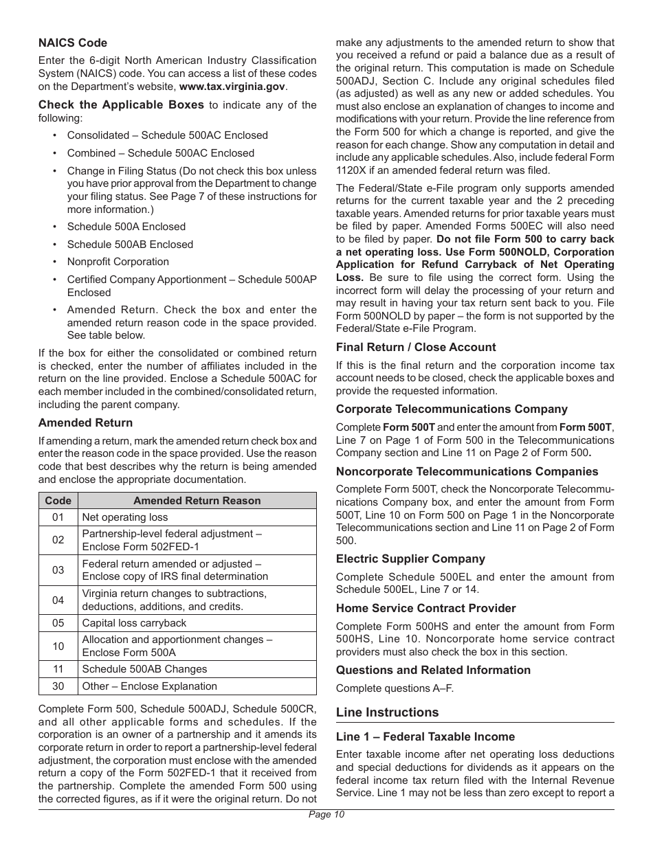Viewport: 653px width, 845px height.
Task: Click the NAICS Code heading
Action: click(73, 43)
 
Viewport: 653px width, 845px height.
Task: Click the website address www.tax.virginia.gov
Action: click(232, 87)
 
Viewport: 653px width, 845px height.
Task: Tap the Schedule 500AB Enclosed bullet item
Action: click(130, 244)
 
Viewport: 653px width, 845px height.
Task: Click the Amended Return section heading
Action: click(85, 422)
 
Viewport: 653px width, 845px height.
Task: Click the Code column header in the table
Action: click(58, 501)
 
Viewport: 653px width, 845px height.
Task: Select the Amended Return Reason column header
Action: click(197, 501)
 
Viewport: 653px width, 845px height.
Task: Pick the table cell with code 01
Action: click(58, 517)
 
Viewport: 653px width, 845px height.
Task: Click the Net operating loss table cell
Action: click(124, 517)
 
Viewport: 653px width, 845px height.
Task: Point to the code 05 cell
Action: click(58, 623)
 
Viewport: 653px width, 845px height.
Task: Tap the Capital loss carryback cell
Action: click(134, 623)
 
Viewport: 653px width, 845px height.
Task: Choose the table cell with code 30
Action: click(58, 686)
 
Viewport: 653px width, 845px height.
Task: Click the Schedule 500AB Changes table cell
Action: click(144, 669)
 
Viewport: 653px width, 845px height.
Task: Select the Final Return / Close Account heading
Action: click(415, 347)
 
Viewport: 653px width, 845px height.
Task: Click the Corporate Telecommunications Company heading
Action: click(452, 409)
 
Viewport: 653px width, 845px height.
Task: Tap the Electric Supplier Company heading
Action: click(410, 559)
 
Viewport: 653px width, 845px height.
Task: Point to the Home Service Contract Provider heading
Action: click(425, 608)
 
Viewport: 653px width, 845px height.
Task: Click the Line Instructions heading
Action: click(387, 712)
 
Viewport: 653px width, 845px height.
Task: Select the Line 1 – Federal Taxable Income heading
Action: click(425, 736)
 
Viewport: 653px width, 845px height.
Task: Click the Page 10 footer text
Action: click(326, 815)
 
